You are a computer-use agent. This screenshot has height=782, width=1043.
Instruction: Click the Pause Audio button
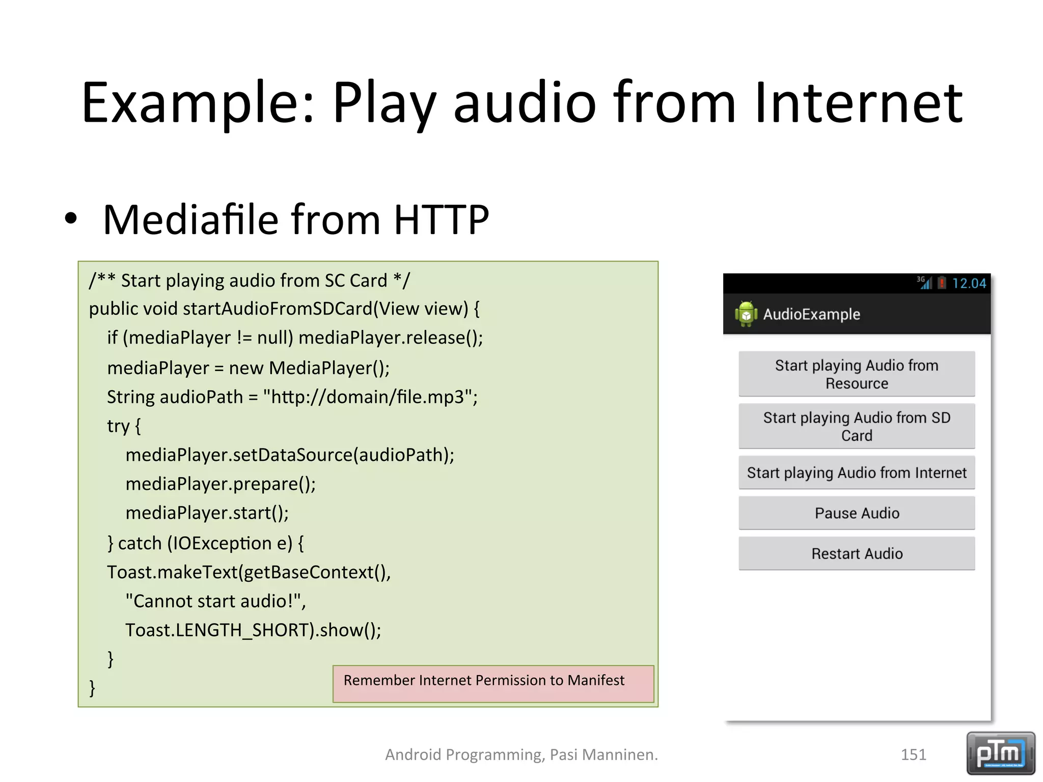pos(857,513)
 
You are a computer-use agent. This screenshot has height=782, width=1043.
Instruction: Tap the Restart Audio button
pos(857,553)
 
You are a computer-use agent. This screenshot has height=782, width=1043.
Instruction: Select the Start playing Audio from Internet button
pos(857,473)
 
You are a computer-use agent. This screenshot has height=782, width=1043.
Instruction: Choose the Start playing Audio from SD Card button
pos(857,426)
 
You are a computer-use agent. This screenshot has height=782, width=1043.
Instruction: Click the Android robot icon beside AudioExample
pos(746,314)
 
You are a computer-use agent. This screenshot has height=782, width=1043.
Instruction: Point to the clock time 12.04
pos(969,284)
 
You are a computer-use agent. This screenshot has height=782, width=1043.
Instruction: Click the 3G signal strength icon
pos(924,283)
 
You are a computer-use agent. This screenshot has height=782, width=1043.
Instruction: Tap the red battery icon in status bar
pos(942,283)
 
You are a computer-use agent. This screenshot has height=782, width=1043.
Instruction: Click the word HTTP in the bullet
pos(441,220)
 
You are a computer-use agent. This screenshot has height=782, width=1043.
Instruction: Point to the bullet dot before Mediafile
pos(71,219)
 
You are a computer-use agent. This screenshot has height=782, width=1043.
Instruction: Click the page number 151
pos(913,755)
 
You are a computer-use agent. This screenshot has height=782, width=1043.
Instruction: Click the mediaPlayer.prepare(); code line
pos(221,484)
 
